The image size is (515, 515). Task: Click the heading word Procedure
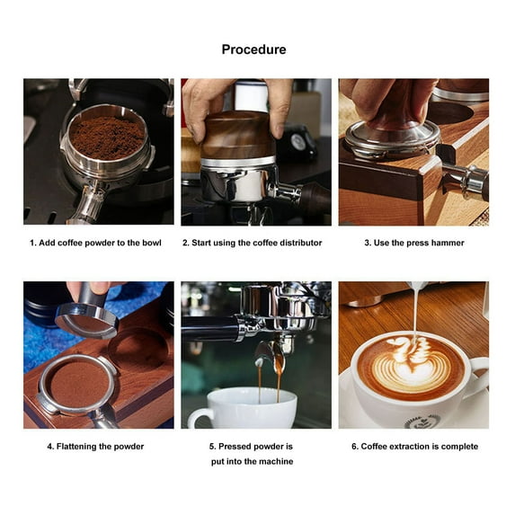pyautogui.click(x=253, y=49)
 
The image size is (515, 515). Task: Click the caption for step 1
pyautogui.click(x=95, y=243)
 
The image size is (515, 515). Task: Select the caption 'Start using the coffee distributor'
pyautogui.click(x=252, y=243)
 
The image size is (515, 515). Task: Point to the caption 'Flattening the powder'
pyautogui.click(x=95, y=447)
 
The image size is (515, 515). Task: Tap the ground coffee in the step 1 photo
pyautogui.click(x=107, y=138)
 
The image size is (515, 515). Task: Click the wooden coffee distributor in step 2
pyautogui.click(x=236, y=135)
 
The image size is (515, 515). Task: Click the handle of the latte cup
pyautogui.click(x=478, y=377)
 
